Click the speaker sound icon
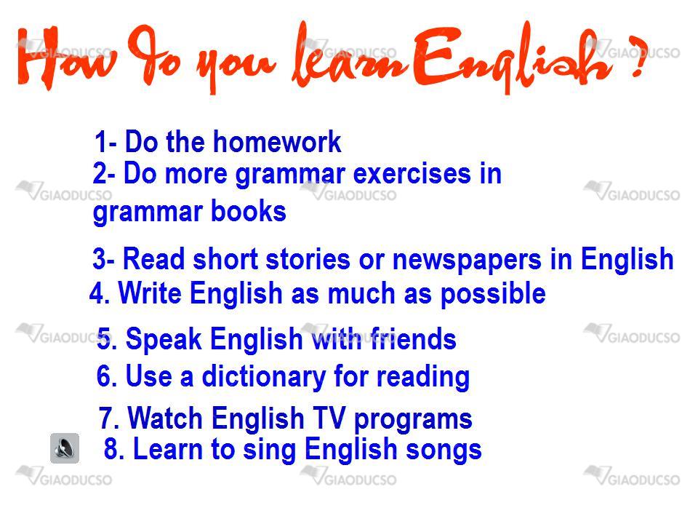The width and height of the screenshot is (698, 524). click(65, 448)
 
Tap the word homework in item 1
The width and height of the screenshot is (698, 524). click(277, 142)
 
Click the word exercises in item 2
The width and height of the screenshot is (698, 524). click(412, 173)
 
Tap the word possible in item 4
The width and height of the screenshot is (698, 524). click(493, 295)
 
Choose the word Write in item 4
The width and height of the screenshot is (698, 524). click(150, 293)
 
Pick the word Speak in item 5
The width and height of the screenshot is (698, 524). click(164, 340)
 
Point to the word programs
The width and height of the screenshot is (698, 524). click(413, 420)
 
